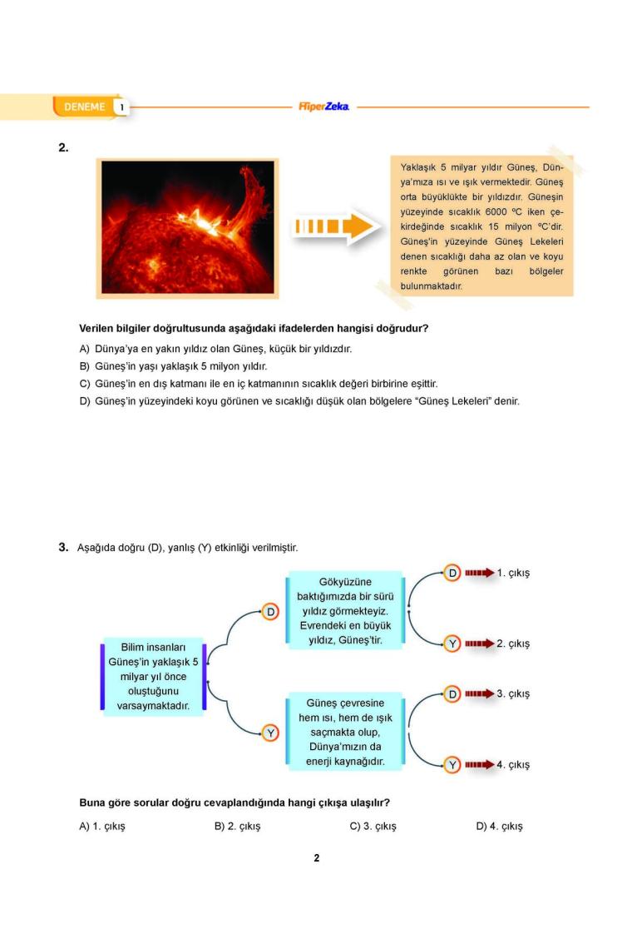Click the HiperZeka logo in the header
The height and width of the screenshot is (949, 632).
(x=323, y=107)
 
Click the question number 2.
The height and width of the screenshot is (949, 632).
(x=63, y=147)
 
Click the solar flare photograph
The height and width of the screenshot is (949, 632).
(x=188, y=227)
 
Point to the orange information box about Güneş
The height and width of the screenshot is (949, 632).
(x=481, y=226)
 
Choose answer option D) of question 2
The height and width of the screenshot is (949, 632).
(x=299, y=401)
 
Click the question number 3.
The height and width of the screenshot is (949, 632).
(x=63, y=547)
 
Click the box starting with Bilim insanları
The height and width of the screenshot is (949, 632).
(x=153, y=676)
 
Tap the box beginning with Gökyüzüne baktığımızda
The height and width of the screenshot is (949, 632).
(x=345, y=611)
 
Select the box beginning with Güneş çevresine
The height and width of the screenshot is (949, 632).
(x=345, y=732)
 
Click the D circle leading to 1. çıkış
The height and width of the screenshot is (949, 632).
(x=452, y=574)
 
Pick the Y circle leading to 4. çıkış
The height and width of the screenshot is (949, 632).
(x=452, y=764)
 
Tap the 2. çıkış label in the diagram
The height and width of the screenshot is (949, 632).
(x=513, y=643)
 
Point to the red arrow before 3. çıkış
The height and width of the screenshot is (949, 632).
(x=480, y=693)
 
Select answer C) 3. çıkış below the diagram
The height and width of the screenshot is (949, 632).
(x=373, y=827)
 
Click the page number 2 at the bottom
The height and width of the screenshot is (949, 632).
(x=316, y=858)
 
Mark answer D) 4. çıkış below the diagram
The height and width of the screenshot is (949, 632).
(x=499, y=827)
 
